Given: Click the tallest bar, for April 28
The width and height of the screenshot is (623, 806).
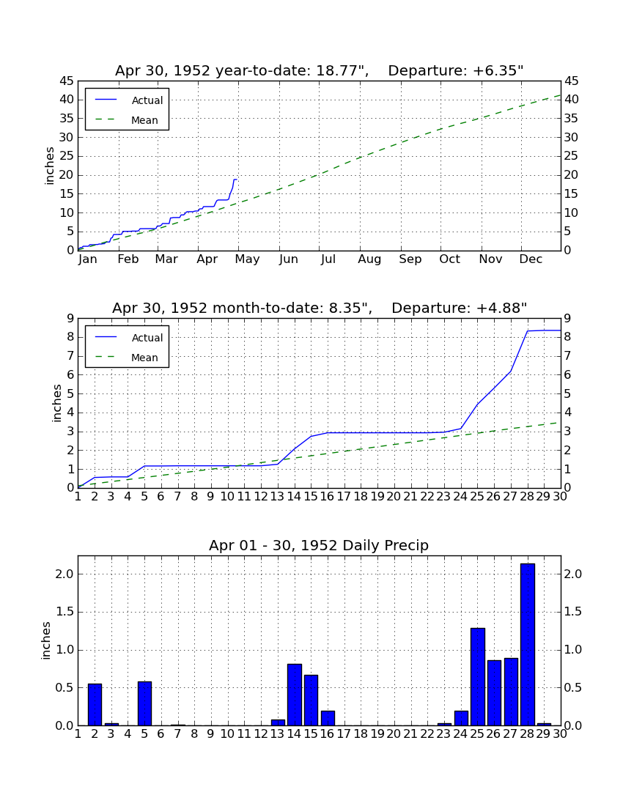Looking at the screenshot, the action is tap(528, 645).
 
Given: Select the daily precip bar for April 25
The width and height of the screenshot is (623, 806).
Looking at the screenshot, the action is tap(478, 677).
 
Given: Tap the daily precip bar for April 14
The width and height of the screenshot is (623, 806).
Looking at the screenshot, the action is tap(295, 695).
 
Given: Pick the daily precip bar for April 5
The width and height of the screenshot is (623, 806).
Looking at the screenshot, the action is tap(144, 703).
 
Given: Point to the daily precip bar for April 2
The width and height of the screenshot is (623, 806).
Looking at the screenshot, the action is tap(95, 705).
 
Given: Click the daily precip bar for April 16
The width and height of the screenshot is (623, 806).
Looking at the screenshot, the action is tap(328, 718).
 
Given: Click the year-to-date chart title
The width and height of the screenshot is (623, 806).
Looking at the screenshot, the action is tap(320, 70).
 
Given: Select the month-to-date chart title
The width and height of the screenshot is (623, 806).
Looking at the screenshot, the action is tap(320, 308).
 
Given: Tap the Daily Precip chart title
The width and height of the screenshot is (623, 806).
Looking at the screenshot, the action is tap(319, 545).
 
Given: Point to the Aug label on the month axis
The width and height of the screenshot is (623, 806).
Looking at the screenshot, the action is tap(369, 259).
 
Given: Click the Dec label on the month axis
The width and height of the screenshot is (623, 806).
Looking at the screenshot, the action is tap(531, 259).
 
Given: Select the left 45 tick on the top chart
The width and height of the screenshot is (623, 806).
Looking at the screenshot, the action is tap(67, 81).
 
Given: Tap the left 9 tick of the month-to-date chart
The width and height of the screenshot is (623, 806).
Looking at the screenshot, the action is tap(71, 319).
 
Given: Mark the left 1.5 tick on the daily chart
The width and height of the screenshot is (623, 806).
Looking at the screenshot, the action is tap(64, 612).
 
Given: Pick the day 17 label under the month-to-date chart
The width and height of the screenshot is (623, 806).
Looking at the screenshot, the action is tap(343, 497).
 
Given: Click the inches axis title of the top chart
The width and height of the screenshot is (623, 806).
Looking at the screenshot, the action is tap(49, 166).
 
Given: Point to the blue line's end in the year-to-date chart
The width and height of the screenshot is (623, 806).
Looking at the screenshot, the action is tap(237, 180).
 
